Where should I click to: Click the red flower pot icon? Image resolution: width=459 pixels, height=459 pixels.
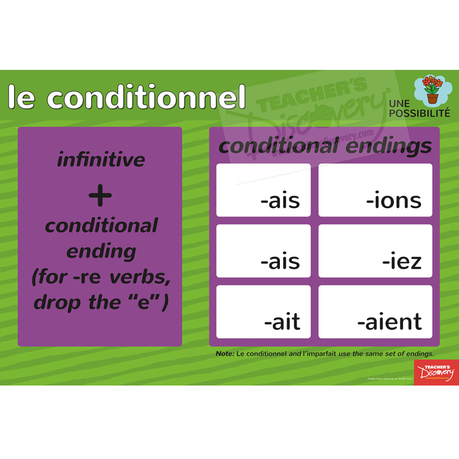[x=432, y=90]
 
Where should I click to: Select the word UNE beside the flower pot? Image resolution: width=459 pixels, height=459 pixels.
[x=399, y=104]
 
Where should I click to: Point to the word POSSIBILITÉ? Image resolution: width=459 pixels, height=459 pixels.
[x=419, y=113]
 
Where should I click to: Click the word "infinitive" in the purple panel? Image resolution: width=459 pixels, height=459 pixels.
[x=101, y=160]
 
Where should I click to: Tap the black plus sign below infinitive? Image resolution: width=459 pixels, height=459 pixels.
[x=100, y=196]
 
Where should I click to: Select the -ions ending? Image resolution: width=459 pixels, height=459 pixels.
[x=394, y=200]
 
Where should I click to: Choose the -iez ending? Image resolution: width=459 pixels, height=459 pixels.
[x=402, y=261]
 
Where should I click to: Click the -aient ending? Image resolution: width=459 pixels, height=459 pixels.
[x=390, y=322]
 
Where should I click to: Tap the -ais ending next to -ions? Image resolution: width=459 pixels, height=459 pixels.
[x=280, y=200]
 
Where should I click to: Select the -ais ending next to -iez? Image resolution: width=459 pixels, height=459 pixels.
[x=280, y=261]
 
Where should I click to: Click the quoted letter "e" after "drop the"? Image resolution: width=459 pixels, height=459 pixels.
[x=151, y=302]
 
